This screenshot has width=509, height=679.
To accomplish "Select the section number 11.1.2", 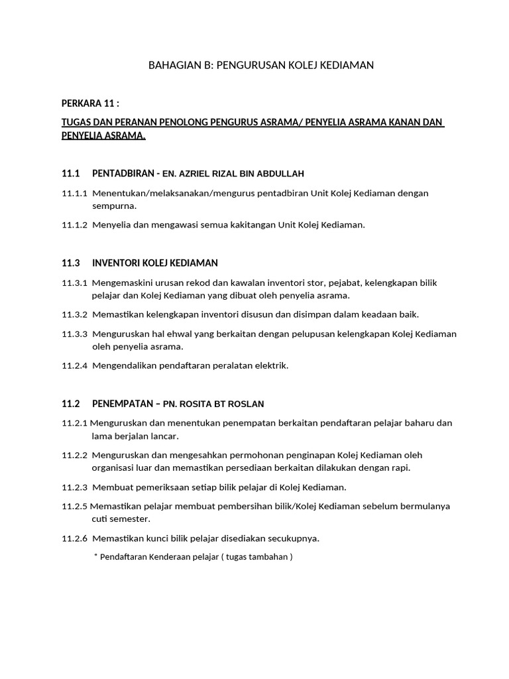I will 75,225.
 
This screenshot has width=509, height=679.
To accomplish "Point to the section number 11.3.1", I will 75,282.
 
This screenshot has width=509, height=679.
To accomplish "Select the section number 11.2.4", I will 75,365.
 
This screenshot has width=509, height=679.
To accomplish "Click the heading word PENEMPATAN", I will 122,404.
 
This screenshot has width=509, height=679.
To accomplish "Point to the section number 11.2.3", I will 75,487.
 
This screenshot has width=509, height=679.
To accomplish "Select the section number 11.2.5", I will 75,506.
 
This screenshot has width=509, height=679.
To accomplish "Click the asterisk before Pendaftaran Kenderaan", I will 95,556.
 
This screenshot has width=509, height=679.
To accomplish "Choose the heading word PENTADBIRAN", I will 122,174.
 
